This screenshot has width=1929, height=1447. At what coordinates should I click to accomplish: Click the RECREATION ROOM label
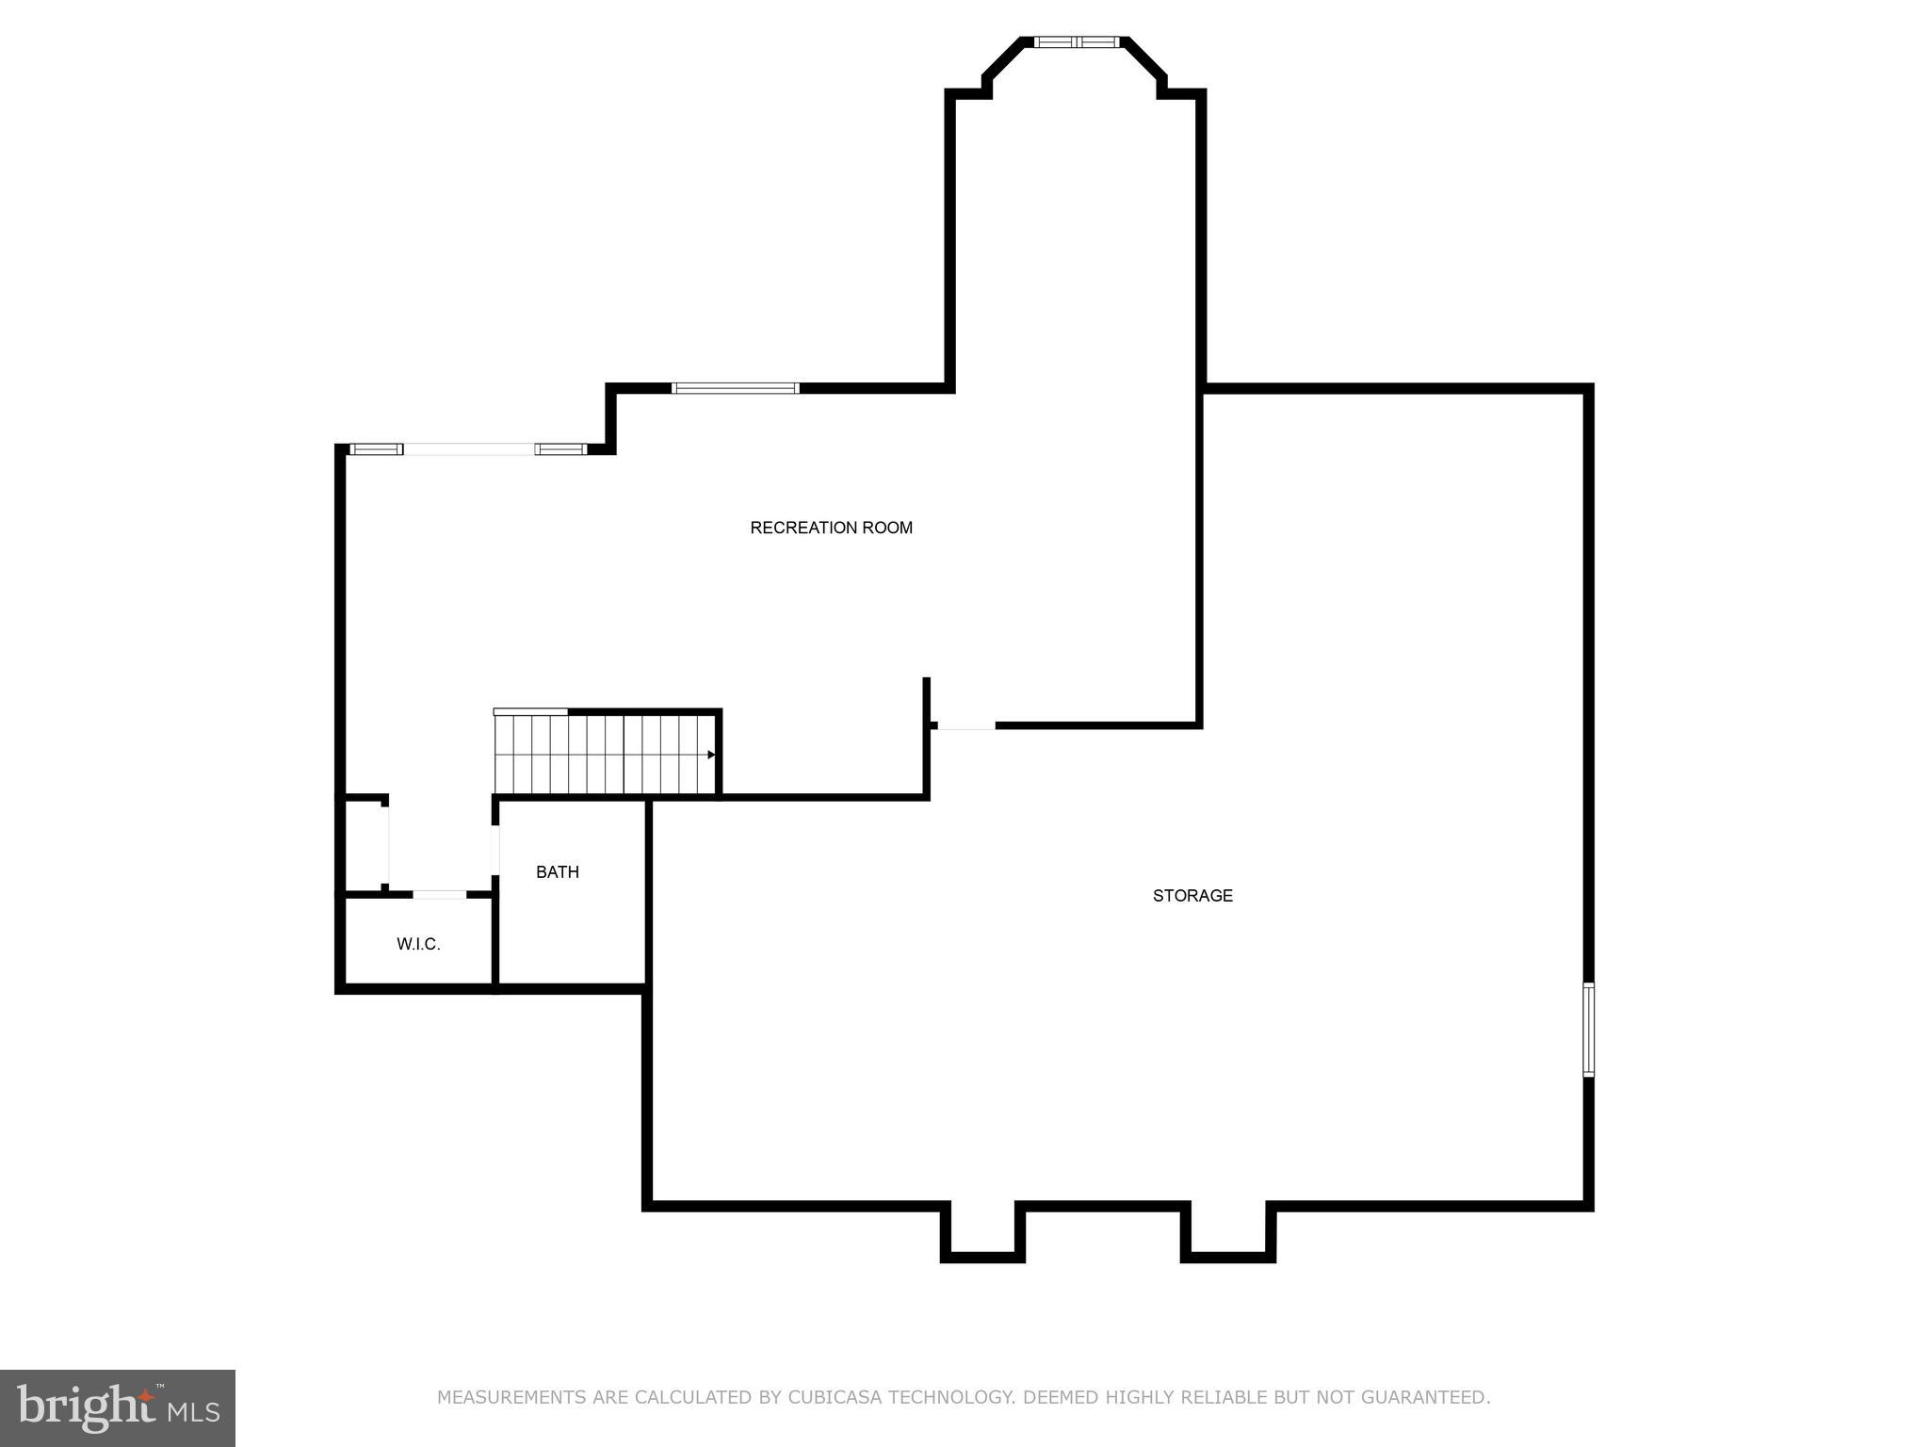[x=831, y=528]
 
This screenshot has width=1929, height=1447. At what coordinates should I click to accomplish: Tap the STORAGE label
[x=1192, y=896]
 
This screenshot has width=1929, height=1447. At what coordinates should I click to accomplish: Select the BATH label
[x=558, y=872]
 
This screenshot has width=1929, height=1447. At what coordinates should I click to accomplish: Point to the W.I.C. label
[x=418, y=944]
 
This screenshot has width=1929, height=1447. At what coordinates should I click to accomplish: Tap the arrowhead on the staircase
[x=711, y=755]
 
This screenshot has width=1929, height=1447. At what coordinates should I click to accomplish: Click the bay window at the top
[x=1077, y=42]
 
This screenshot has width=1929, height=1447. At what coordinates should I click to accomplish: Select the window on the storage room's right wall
[x=1588, y=1030]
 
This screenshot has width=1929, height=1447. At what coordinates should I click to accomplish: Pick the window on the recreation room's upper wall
[x=736, y=388]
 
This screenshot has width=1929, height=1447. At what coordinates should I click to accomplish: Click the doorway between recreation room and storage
[x=966, y=725]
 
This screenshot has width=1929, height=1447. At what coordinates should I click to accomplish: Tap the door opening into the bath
[x=495, y=850]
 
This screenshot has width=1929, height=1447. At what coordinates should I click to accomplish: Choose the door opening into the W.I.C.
[x=440, y=894]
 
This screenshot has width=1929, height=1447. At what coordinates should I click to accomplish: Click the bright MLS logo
[x=118, y=1408]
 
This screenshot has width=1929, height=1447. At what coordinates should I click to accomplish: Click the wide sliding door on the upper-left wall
[x=469, y=449]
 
